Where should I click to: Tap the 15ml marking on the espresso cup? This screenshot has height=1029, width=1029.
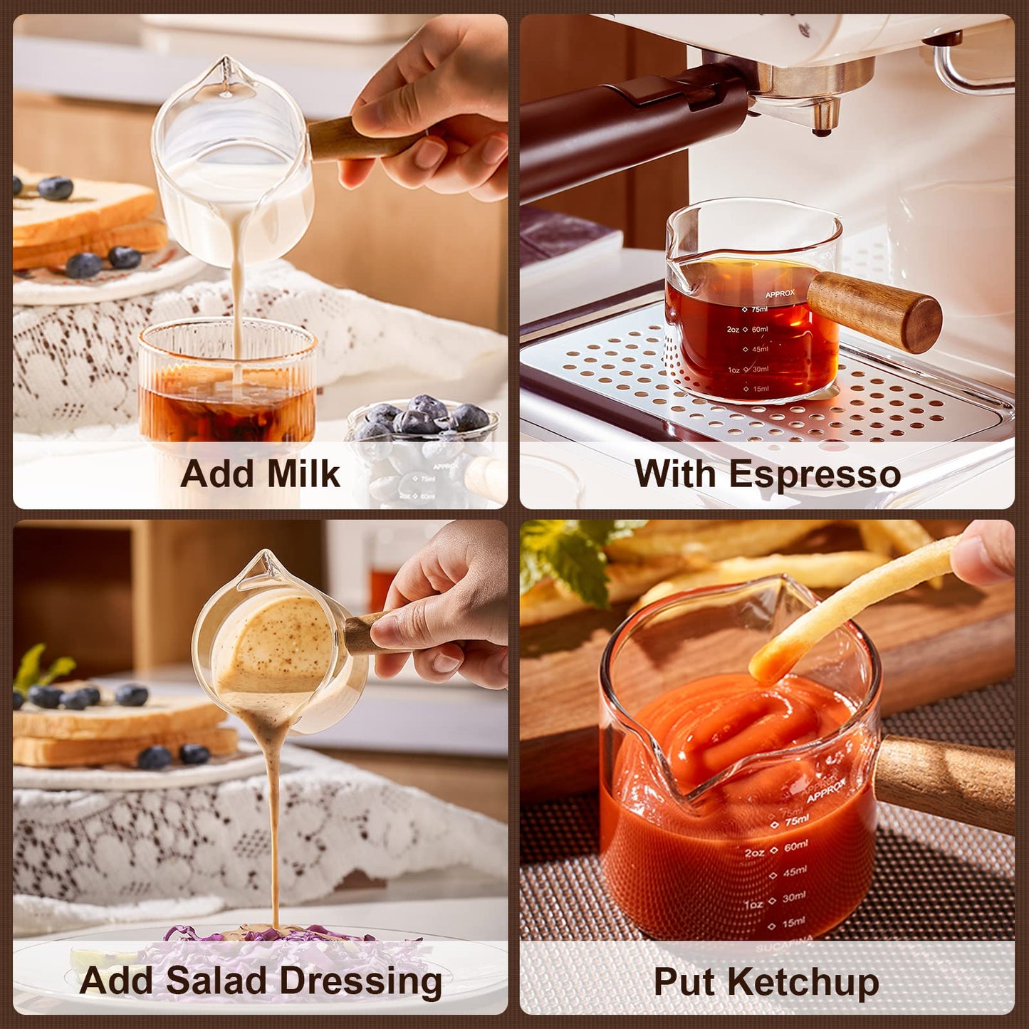pos(760,389)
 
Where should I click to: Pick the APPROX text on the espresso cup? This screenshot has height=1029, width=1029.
pos(780,293)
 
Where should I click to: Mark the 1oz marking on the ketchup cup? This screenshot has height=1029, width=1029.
pos(754,904)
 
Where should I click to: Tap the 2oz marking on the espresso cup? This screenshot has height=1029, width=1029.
pos(733,330)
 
